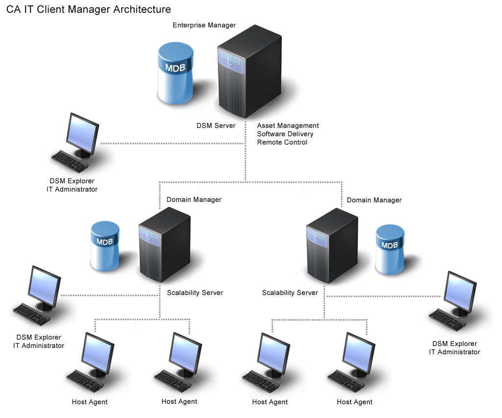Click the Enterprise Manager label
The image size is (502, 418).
pyautogui.click(x=204, y=25)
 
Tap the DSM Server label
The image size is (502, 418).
pyautogui.click(x=216, y=126)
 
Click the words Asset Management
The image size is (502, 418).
pyautogui.click(x=288, y=126)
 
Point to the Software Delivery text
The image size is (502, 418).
pyautogui.click(x=285, y=134)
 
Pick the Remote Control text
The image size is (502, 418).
pyautogui.click(x=282, y=142)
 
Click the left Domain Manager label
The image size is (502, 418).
pyautogui.click(x=194, y=199)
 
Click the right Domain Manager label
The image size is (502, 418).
pyautogui.click(x=374, y=200)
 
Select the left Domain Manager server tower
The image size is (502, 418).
pyautogui.click(x=164, y=245)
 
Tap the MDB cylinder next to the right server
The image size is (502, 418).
pyautogui.click(x=390, y=249)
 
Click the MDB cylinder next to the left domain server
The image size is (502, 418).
pyautogui.click(x=105, y=246)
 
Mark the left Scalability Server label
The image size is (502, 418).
pyautogui.click(x=195, y=293)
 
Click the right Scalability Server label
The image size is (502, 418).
pyautogui.click(x=290, y=293)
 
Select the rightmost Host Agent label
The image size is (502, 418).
pyautogui.click(x=355, y=402)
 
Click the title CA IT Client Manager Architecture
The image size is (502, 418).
pyautogui.click(x=89, y=9)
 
